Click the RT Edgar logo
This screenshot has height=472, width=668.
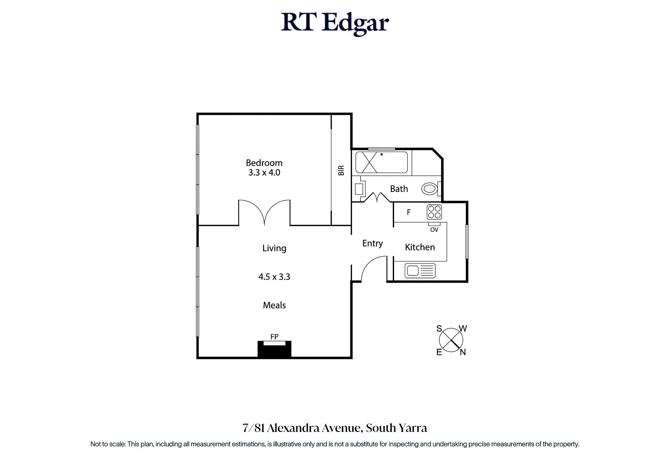click(335, 23)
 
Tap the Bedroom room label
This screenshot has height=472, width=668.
click(264, 163)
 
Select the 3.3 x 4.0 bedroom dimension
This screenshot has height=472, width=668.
click(264, 173)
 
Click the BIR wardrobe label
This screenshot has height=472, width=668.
click(341, 170)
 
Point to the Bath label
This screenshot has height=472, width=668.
click(399, 189)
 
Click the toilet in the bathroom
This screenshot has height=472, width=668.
click(431, 189)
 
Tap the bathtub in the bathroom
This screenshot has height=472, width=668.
click(381, 162)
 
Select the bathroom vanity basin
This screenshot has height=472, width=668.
click(359, 189)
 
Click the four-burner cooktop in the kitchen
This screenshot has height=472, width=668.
click(434, 212)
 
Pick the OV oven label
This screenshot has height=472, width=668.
click(434, 230)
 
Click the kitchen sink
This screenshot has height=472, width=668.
click(420, 271)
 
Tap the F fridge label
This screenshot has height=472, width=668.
click(408, 212)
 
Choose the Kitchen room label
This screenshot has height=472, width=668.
click(420, 247)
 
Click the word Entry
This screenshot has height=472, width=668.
click(372, 244)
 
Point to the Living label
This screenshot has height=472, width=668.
click(274, 248)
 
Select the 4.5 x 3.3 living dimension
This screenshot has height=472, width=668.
click(274, 277)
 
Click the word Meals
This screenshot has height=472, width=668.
click(274, 305)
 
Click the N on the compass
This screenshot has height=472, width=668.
click(463, 352)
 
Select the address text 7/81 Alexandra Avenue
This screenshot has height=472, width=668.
click(302, 428)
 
